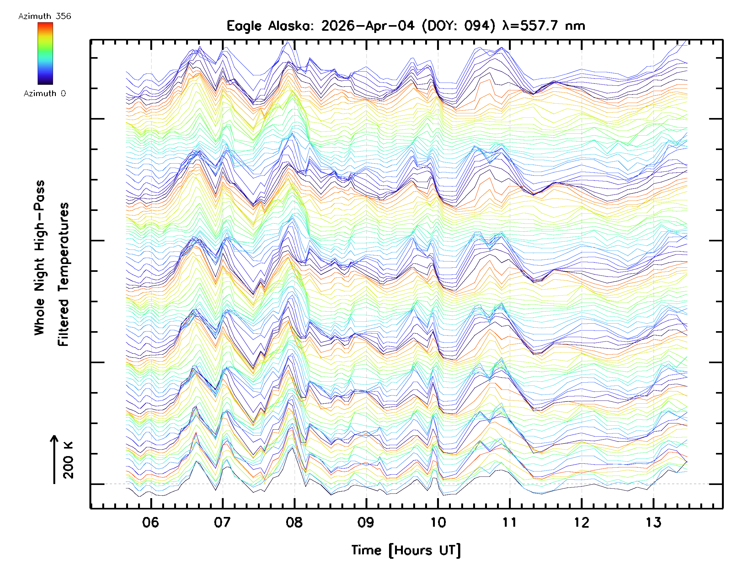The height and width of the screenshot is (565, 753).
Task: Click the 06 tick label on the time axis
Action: [151, 522]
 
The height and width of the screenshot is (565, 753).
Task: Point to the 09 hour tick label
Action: [366, 522]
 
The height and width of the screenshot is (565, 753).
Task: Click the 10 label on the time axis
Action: [438, 522]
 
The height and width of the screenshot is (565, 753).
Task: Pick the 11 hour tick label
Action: [510, 522]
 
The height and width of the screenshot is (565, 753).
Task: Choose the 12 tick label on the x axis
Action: [581, 522]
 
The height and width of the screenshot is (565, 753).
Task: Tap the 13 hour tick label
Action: [653, 522]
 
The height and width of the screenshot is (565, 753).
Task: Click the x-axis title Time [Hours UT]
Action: [406, 550]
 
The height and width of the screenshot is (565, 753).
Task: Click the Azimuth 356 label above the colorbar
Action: [45, 16]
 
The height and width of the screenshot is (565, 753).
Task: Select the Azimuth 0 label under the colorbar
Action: [45, 94]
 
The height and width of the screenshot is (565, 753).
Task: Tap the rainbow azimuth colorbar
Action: [45, 53]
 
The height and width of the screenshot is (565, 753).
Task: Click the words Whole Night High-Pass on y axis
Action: [40, 258]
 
